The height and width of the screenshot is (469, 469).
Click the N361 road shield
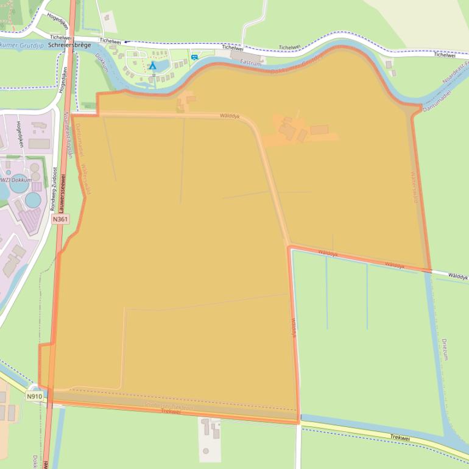pos(60,219)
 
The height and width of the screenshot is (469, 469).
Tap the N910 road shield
pos(34,397)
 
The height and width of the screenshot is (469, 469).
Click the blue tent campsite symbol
pos(153,65)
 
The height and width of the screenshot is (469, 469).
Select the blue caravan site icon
pos(194,57)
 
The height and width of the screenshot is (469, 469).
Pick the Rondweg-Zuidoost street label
pos(54,189)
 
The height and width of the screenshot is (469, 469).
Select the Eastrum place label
pos(251,62)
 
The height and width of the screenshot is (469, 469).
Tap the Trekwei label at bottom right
pos(400,437)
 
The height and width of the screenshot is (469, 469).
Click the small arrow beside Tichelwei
pos(126,42)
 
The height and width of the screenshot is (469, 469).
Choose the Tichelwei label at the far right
pos(445,55)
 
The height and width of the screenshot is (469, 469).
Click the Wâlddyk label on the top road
pos(230,115)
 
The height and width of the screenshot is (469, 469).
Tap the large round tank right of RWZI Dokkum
pos(33,199)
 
